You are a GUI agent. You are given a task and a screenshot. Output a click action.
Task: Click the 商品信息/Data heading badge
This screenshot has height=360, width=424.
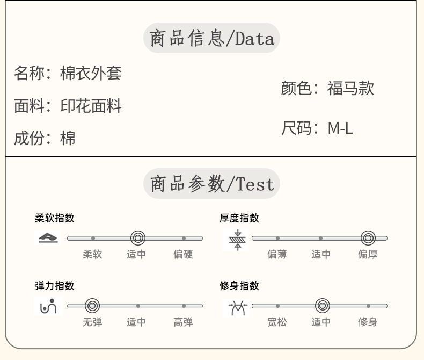pyautogui.click(x=211, y=38)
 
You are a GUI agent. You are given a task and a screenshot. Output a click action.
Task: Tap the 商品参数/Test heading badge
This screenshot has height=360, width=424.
pyautogui.click(x=211, y=184)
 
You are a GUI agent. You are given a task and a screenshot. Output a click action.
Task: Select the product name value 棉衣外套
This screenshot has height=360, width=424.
pyautogui.click(x=91, y=73)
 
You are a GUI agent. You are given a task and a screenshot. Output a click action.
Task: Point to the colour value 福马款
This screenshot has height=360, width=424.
pyautogui.click(x=350, y=88)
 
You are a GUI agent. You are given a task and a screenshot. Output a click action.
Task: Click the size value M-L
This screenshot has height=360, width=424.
pyautogui.click(x=340, y=128)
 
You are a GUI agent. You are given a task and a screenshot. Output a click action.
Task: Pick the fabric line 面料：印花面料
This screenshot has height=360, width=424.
pyautogui.click(x=68, y=106)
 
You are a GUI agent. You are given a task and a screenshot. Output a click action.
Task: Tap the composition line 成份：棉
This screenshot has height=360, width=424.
pyautogui.click(x=45, y=138)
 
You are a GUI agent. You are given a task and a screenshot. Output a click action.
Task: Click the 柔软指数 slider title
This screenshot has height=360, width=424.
pyautogui.click(x=55, y=218)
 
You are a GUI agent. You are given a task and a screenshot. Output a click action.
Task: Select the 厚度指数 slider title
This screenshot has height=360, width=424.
pyautogui.click(x=239, y=218)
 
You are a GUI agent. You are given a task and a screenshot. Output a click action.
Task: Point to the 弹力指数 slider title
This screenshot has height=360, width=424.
pyautogui.click(x=55, y=286)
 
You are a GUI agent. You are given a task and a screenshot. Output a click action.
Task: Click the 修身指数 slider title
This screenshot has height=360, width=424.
pyautogui.click(x=239, y=286)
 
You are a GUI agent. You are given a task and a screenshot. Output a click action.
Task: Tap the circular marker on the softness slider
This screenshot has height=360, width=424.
pyautogui.click(x=138, y=238)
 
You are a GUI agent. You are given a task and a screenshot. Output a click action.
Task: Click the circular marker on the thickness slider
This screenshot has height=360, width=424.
pyautogui.click(x=368, y=238)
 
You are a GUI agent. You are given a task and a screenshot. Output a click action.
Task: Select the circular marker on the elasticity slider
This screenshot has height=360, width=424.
pyautogui.click(x=92, y=306)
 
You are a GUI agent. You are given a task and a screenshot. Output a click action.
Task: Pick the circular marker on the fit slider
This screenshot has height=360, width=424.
pyautogui.click(x=322, y=306)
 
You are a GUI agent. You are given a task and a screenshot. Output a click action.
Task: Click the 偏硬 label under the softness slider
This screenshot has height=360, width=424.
pyautogui.click(x=183, y=255)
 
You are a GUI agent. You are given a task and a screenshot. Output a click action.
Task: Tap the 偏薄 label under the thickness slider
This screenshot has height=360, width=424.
pyautogui.click(x=277, y=255)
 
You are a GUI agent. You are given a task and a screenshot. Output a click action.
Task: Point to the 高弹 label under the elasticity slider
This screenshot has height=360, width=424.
pyautogui.click(x=183, y=322)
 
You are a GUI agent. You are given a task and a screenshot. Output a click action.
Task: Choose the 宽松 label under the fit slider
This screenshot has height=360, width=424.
pyautogui.click(x=277, y=322)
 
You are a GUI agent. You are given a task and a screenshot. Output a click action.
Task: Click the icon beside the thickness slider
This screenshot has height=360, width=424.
pyautogui.click(x=236, y=239)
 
